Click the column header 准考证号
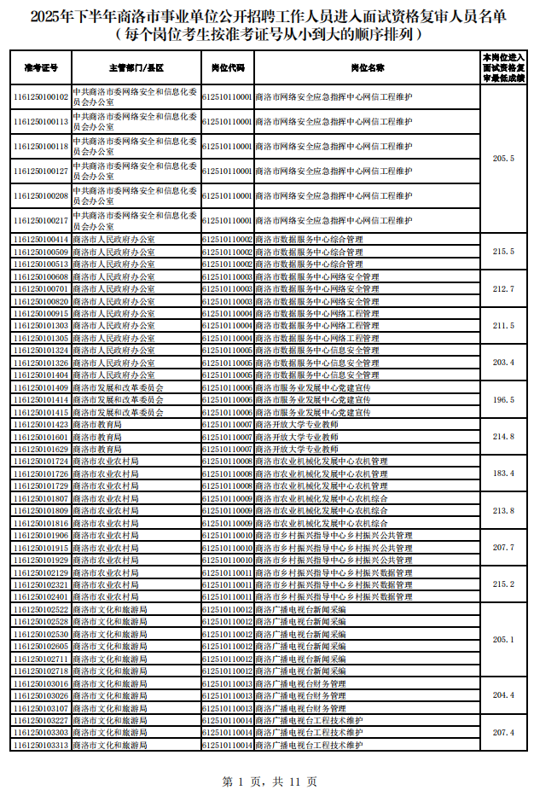41,67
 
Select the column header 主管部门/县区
136,67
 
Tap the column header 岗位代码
227,67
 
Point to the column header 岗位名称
367,67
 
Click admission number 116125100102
41,97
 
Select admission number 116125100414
41,240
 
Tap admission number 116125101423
41,424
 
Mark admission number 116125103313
41,745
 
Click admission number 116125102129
41,572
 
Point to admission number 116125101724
41,462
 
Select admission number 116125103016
41,683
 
